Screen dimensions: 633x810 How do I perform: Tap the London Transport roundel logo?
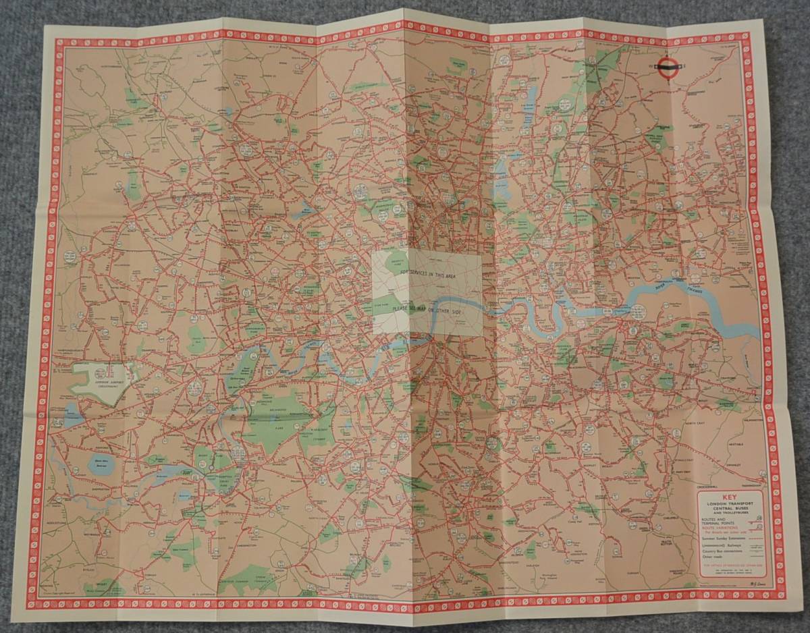click(x=667, y=65)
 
